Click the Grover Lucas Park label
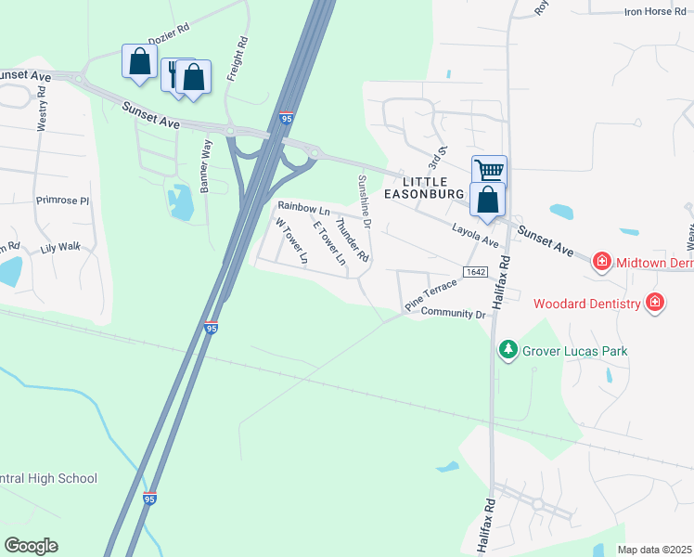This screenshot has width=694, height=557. click(x=574, y=351)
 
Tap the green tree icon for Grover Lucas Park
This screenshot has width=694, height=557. click(x=508, y=350)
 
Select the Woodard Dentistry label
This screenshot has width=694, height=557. click(x=586, y=304)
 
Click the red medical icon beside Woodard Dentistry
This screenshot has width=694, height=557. click(x=655, y=302)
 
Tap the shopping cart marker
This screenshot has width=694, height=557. click(x=489, y=171)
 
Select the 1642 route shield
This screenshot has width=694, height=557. click(x=473, y=270)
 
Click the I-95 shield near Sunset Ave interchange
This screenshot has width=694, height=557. click(x=287, y=118)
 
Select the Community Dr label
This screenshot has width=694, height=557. click(x=454, y=314)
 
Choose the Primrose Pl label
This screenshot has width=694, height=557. click(x=62, y=201)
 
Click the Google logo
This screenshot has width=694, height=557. click(x=31, y=546)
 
